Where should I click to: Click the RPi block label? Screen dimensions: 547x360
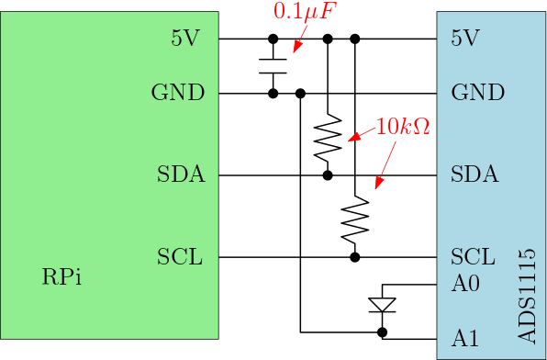[61, 277]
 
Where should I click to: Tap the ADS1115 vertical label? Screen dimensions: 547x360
[526, 296]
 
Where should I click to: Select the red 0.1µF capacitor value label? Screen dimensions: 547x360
[300, 12]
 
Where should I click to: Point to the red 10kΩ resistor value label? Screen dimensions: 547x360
[403, 127]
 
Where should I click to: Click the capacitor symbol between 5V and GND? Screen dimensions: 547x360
[273, 66]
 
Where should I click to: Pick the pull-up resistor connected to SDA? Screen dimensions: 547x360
[328, 137]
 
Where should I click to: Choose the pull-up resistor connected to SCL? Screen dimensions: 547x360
[355, 219]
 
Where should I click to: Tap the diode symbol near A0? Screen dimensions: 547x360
[383, 305]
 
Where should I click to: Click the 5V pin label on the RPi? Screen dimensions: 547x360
[185, 38]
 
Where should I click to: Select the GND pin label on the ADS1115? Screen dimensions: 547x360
[477, 93]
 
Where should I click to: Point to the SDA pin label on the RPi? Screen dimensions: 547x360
[181, 174]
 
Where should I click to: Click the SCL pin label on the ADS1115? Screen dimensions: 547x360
[473, 256]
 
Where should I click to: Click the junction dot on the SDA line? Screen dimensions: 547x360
[328, 175]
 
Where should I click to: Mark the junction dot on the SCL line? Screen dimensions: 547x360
[355, 257]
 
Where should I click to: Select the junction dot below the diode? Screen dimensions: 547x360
[383, 332]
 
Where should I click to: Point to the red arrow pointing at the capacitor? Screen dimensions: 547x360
[300, 38]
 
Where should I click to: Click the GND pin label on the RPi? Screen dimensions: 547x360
[177, 93]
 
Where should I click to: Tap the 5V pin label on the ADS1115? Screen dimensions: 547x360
[465, 38]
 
